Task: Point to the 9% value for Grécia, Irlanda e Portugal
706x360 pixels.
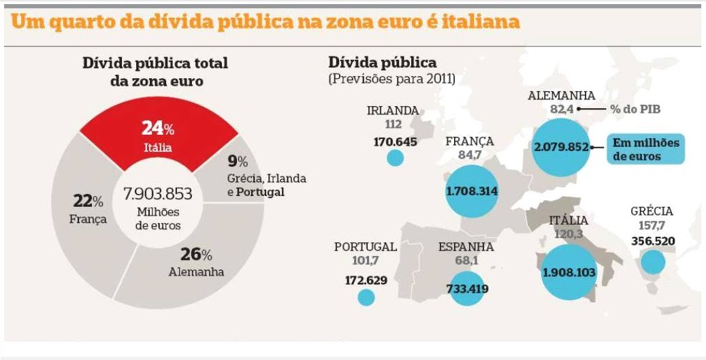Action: pos(238,161)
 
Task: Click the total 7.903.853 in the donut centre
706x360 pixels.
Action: pos(157,193)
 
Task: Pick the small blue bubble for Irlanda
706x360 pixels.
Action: pos(395,158)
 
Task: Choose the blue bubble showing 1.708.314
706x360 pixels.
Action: pos(471,191)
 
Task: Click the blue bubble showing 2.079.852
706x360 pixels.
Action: pos(560,147)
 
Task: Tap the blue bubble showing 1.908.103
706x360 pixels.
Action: pos(568,272)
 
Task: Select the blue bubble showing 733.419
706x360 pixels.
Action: pos(466,289)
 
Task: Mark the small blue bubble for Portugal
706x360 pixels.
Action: pos(366,297)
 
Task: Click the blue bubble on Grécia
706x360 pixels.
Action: pos(653,262)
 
